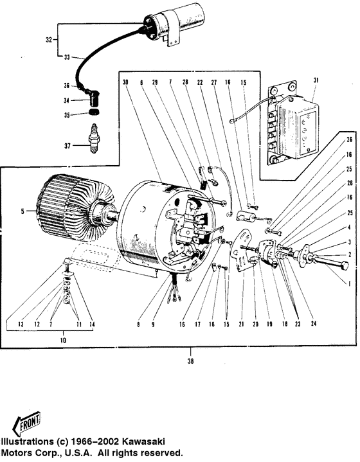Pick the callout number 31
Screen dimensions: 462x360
click(315, 80)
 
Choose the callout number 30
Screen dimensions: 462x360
click(125, 82)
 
